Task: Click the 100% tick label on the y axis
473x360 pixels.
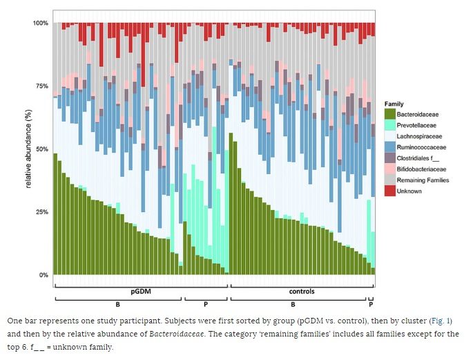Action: [x=41, y=23]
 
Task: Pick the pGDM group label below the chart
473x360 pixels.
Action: [x=140, y=292]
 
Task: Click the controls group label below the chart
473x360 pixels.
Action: [x=302, y=292]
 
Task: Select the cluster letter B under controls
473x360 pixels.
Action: [x=293, y=305]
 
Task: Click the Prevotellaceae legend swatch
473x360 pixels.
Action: [x=389, y=125]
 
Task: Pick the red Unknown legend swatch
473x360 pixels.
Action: [x=389, y=191]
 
